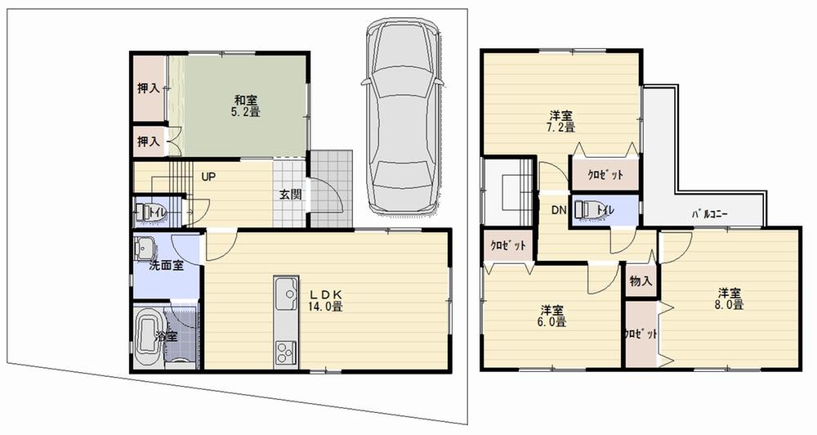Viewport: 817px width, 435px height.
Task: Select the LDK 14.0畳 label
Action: [324, 300]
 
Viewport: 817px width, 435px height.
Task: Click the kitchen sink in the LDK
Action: [287, 294]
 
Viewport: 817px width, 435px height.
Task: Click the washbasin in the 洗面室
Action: [147, 246]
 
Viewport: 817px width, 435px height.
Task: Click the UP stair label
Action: [208, 176]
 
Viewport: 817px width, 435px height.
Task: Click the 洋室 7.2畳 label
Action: [560, 120]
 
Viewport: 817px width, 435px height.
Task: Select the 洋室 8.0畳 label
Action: [730, 298]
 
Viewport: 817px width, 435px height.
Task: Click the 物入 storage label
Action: [641, 281]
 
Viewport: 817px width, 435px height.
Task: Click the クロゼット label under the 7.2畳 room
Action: [605, 174]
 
